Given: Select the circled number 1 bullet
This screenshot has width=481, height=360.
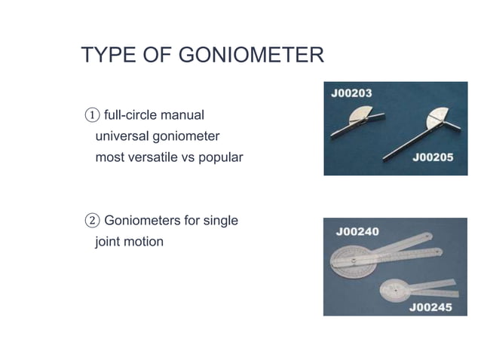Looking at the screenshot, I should (x=90, y=116).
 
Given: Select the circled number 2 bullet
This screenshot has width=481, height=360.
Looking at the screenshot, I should (x=90, y=221).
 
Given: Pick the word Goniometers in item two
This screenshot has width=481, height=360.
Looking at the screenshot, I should (x=143, y=221).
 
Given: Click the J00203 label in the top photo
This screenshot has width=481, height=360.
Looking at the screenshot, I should (x=351, y=93).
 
